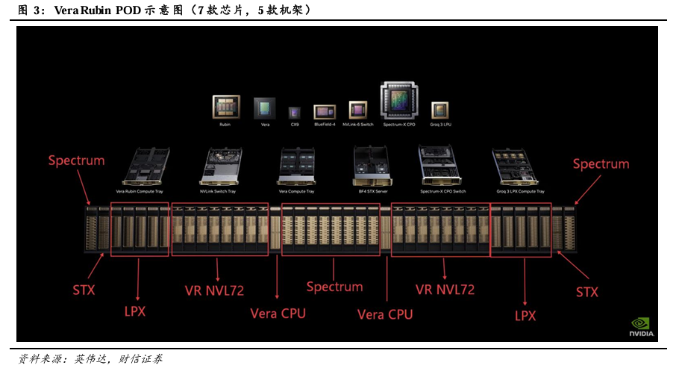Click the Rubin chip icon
(x=225, y=107)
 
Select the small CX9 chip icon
(x=294, y=112)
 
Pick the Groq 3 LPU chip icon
(x=439, y=110)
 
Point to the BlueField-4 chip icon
(x=325, y=111)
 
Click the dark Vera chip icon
(x=264, y=108)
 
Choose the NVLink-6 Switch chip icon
(x=358, y=110)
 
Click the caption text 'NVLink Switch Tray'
(x=218, y=191)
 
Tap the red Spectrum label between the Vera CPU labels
(x=335, y=287)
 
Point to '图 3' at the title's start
(x=28, y=10)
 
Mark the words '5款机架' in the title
(x=281, y=10)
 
